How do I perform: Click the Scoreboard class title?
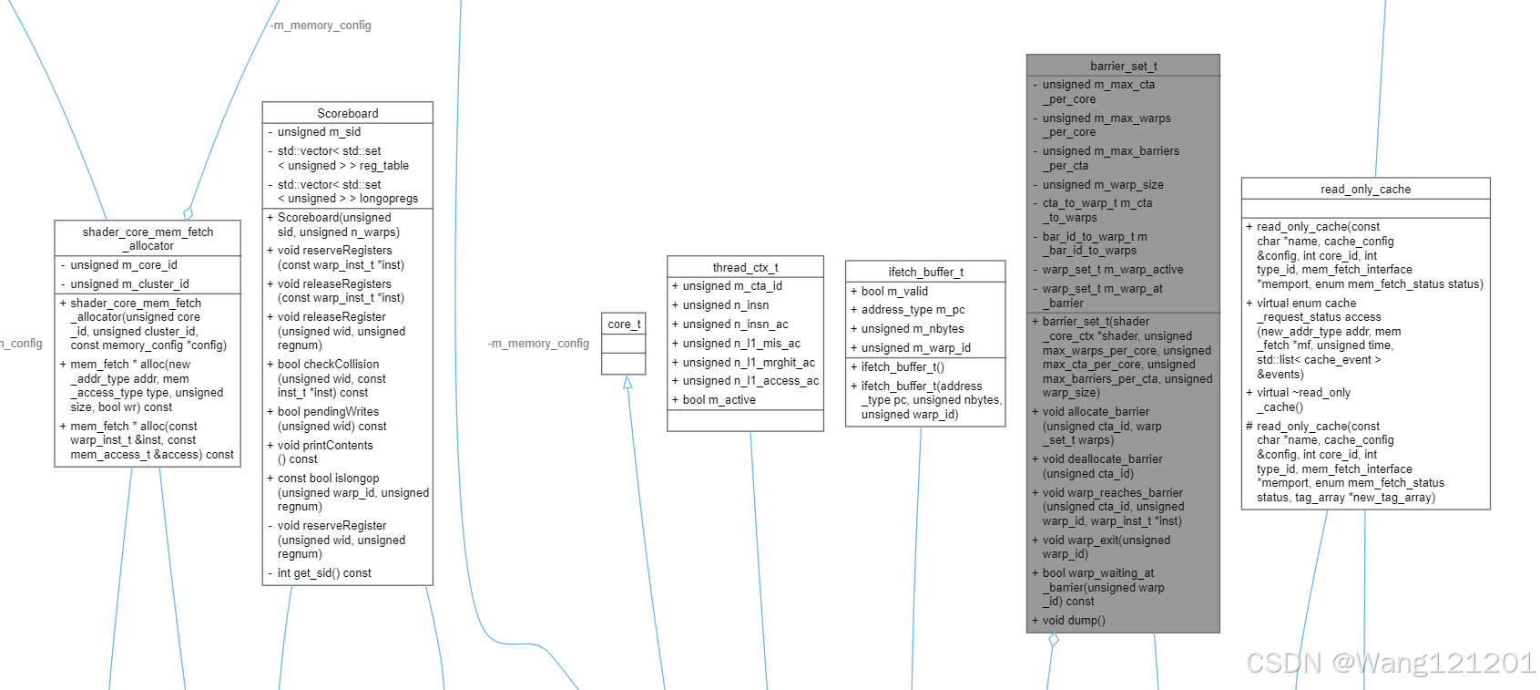pyautogui.click(x=347, y=113)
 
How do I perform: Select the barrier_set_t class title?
pyautogui.click(x=1123, y=66)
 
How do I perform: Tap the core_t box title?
pyautogui.click(x=624, y=324)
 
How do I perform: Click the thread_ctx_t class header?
pyautogui.click(x=745, y=267)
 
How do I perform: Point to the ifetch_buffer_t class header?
pyautogui.click(x=925, y=272)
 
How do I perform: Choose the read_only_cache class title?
pyautogui.click(x=1365, y=189)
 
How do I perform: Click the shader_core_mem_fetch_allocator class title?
pyautogui.click(x=148, y=239)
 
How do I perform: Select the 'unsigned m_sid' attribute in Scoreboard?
pyautogui.click(x=319, y=132)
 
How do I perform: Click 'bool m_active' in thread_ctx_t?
pyautogui.click(x=719, y=400)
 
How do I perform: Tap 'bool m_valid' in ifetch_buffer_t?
pyautogui.click(x=894, y=292)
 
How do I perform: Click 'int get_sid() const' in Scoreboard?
pyautogui.click(x=324, y=573)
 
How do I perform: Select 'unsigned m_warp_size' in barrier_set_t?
pyautogui.click(x=1103, y=185)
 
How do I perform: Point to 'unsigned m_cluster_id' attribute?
pyautogui.click(x=129, y=284)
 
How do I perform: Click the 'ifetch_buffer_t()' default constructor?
pyautogui.click(x=903, y=367)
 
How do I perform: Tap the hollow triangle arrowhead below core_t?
pyautogui.click(x=627, y=383)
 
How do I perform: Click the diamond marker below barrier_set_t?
pyautogui.click(x=1054, y=640)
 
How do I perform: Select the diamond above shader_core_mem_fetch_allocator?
pyautogui.click(x=189, y=213)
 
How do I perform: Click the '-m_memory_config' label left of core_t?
pyautogui.click(x=538, y=344)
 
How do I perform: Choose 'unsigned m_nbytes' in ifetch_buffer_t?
pyautogui.click(x=913, y=329)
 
